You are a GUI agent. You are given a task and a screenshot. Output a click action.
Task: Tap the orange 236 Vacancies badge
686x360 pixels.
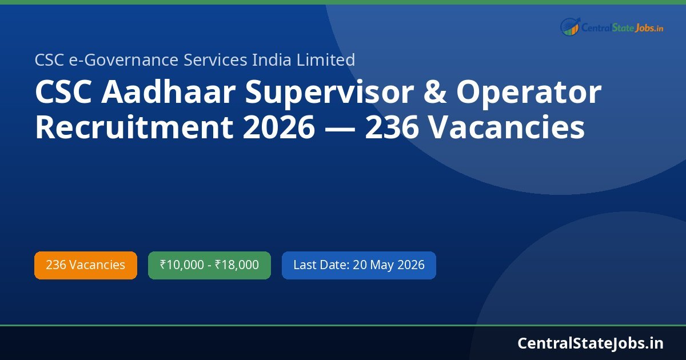[86, 265]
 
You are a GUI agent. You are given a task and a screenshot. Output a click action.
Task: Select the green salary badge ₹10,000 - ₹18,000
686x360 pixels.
[209, 265]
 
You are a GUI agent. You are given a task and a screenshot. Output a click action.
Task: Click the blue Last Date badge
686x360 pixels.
[359, 265]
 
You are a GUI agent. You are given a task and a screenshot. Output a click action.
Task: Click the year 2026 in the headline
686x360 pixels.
[278, 127]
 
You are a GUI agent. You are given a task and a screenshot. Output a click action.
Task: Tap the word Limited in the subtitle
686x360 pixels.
[330, 59]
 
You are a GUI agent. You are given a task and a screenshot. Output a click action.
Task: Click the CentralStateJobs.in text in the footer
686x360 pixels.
[591, 343]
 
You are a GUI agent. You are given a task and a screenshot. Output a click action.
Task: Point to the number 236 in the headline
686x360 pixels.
[390, 127]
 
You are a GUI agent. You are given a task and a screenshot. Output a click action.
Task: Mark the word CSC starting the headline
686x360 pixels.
[64, 93]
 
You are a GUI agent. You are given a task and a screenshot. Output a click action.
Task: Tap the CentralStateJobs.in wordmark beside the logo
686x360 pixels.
[622, 27]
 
